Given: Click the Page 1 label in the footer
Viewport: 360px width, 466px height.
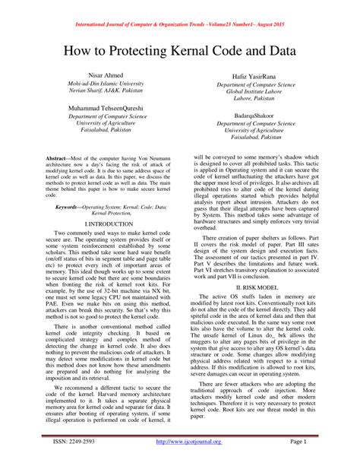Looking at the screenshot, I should point(299,441).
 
